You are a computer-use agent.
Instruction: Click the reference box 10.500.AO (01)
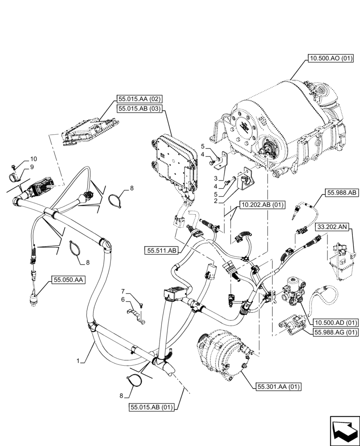[330, 58]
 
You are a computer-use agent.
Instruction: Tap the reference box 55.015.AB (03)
[140, 108]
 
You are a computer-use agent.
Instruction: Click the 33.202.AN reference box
[332, 227]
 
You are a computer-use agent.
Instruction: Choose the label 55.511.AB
[160, 251]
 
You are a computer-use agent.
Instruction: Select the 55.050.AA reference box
[69, 280]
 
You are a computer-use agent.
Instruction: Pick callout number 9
[33, 167]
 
